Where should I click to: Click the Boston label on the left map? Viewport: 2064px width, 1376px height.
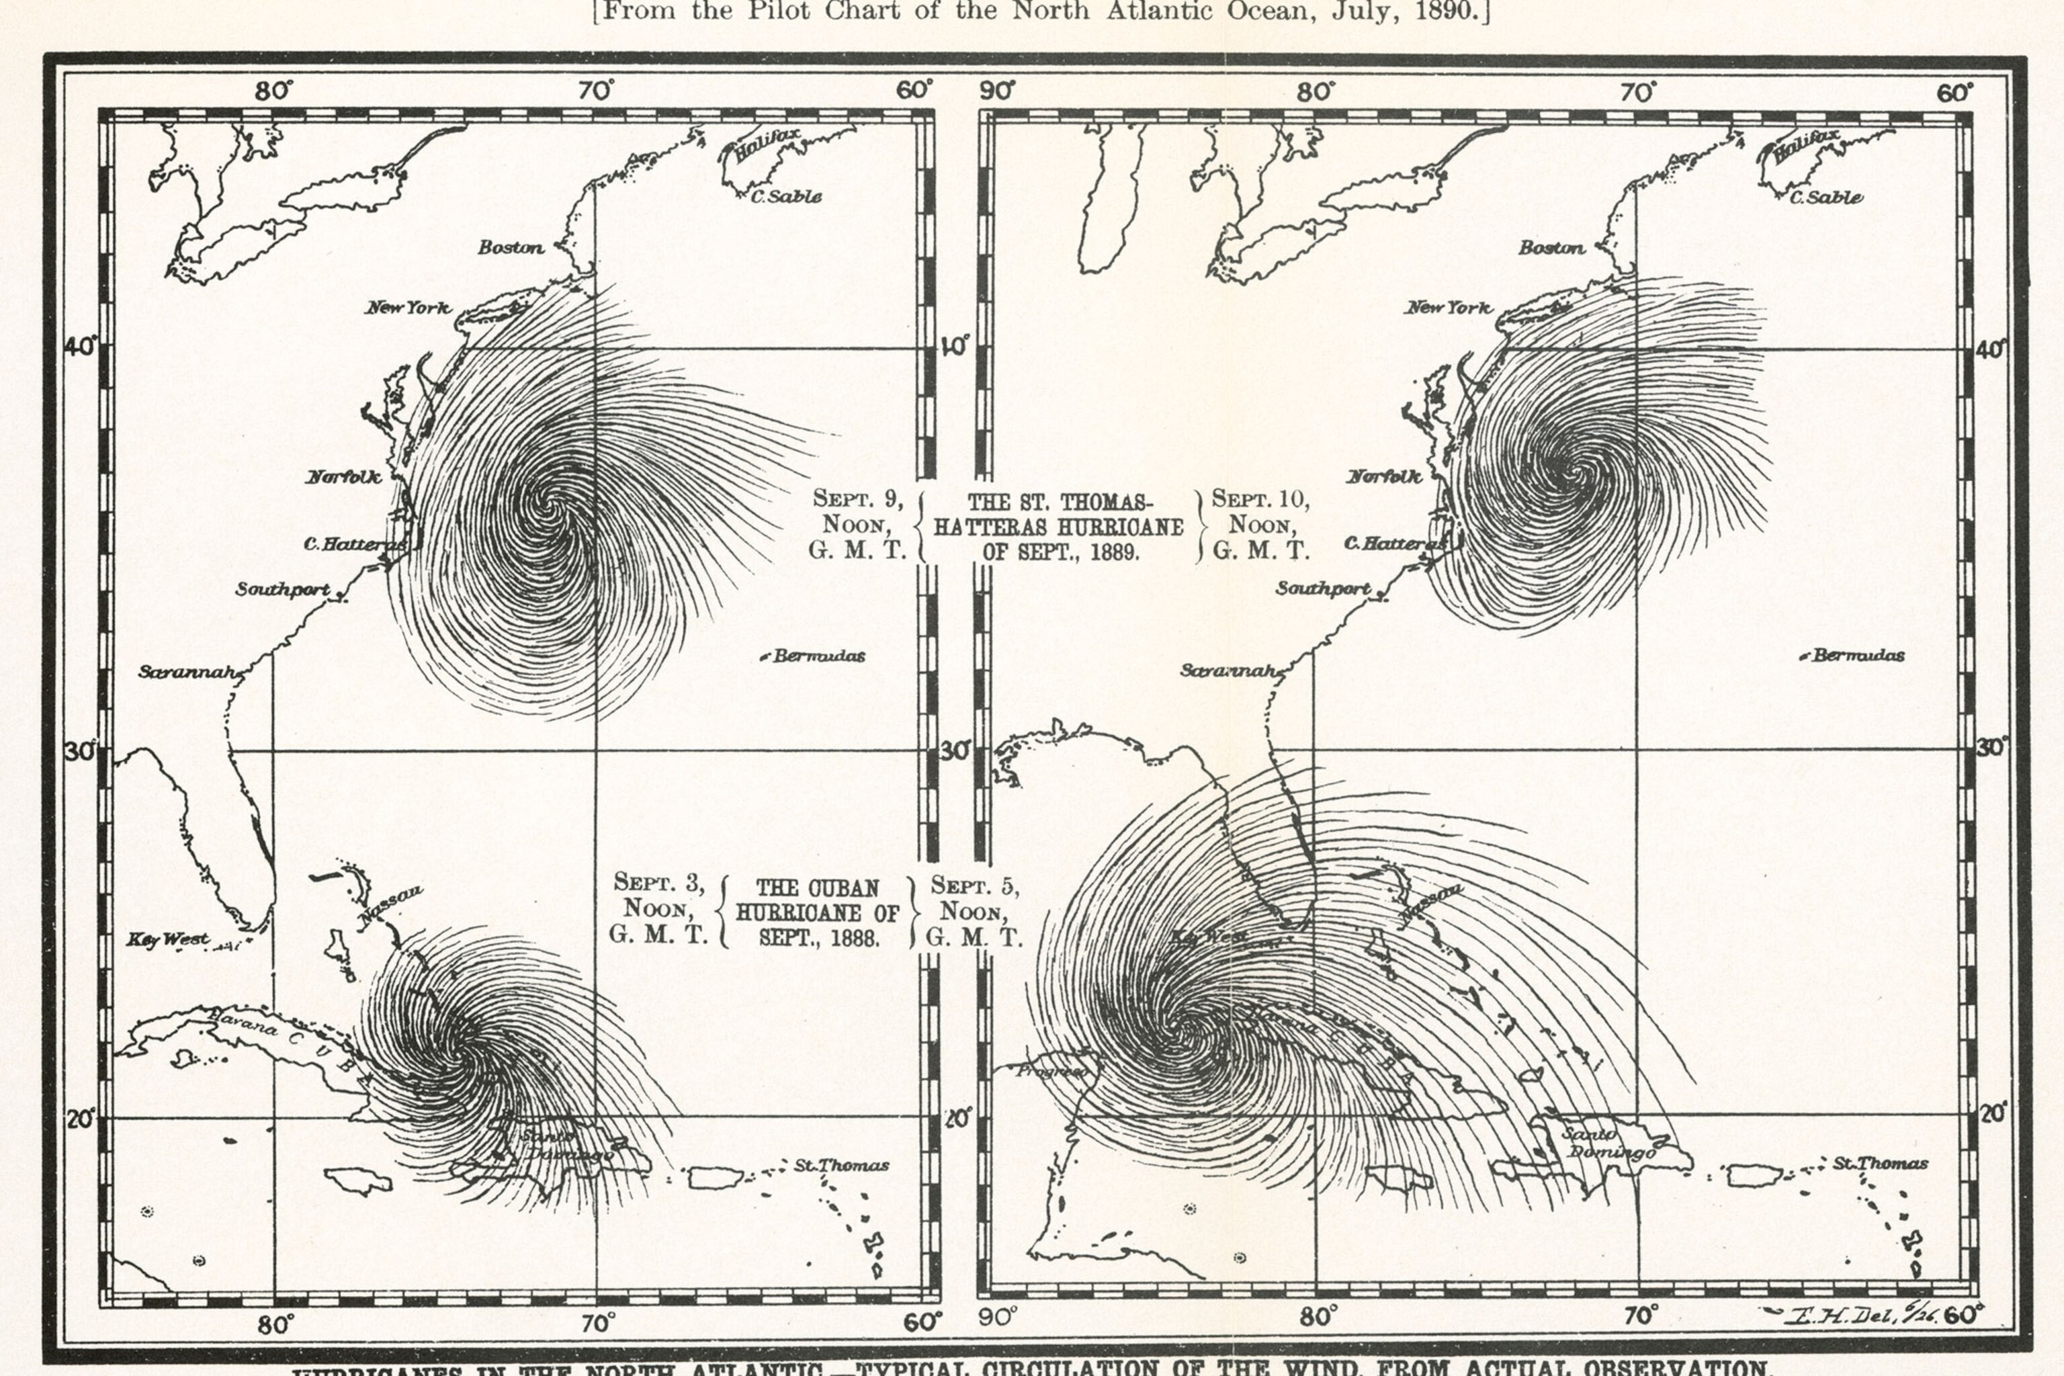pyautogui.click(x=511, y=247)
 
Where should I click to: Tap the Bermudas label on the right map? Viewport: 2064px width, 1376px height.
pyautogui.click(x=1858, y=656)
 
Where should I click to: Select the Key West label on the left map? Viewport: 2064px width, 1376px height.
pyautogui.click(x=167, y=940)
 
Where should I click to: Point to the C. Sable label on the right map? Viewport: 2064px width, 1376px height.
pyautogui.click(x=1826, y=198)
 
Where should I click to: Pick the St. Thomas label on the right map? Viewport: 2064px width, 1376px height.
pyautogui.click(x=1880, y=1164)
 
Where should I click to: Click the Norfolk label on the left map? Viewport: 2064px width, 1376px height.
pyautogui.click(x=343, y=478)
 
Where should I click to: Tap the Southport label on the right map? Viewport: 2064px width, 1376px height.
pyautogui.click(x=1322, y=588)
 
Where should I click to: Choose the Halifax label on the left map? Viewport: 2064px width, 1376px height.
pyautogui.click(x=768, y=146)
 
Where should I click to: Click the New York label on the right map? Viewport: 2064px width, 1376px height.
pyautogui.click(x=1448, y=308)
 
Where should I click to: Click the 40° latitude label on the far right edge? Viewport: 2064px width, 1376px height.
pyautogui.click(x=1990, y=349)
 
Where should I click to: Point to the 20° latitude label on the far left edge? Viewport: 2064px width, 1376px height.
pyautogui.click(x=81, y=1119)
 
